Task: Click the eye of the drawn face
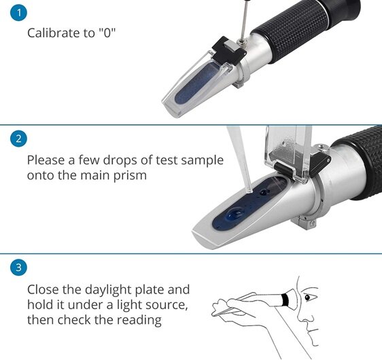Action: coord(311,298)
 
